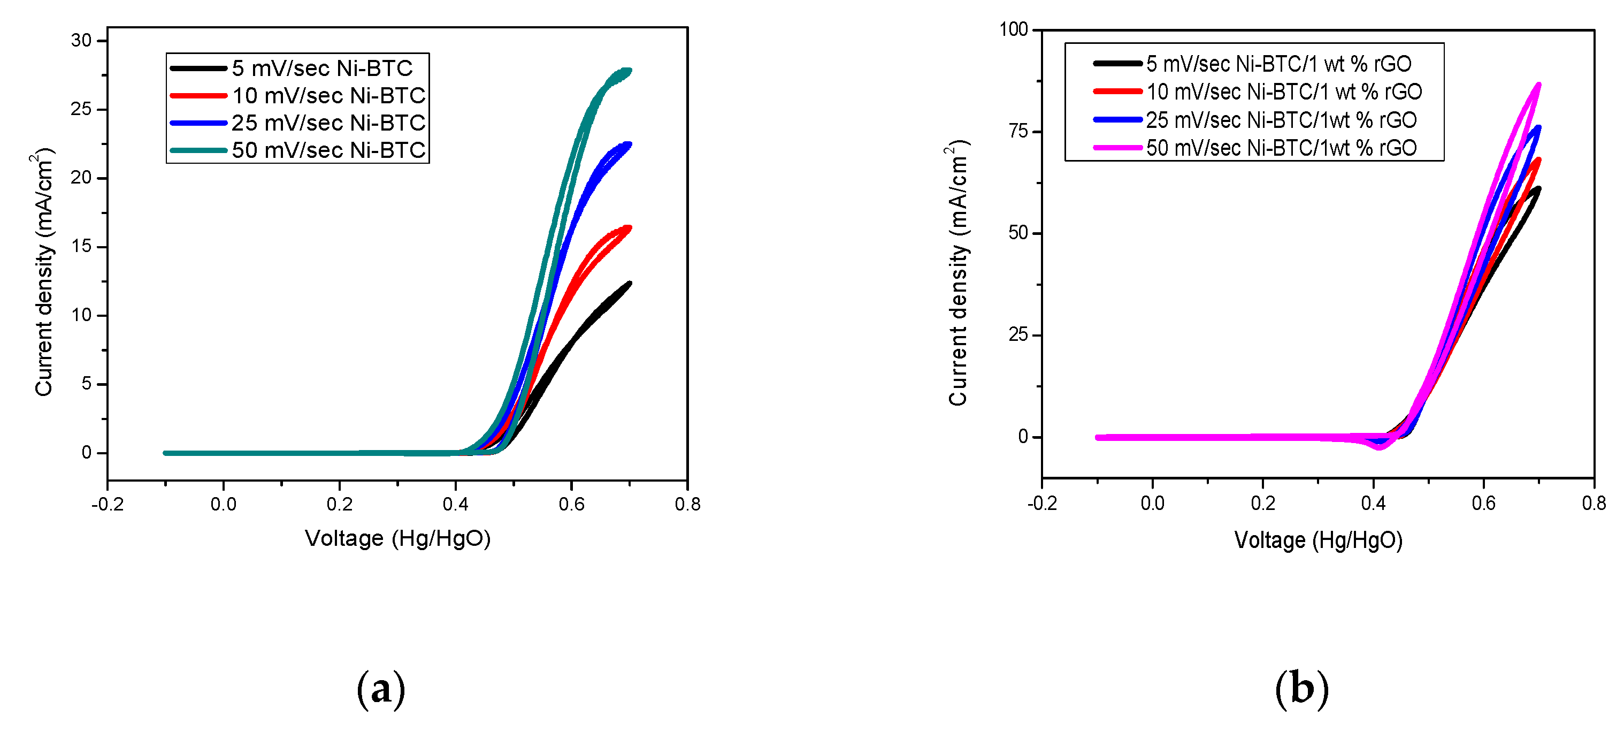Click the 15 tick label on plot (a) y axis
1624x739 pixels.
tap(81, 247)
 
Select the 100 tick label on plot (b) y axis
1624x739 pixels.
tap(1014, 29)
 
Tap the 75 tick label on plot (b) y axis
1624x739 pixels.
tap(1018, 131)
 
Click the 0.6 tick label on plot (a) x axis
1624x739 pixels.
tap(571, 505)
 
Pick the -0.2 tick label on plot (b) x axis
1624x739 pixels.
tap(1041, 503)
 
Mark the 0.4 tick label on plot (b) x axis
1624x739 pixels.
tap(1373, 503)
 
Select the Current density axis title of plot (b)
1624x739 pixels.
tap(957, 272)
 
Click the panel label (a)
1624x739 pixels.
tap(381, 689)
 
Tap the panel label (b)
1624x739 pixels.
tap(1301, 689)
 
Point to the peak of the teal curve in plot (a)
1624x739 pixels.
tap(628, 71)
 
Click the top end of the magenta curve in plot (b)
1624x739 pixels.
tap(1539, 85)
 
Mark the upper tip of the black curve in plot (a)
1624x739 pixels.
tap(629, 284)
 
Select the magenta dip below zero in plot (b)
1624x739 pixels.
tap(1379, 447)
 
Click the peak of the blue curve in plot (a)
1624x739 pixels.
tap(629, 144)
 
